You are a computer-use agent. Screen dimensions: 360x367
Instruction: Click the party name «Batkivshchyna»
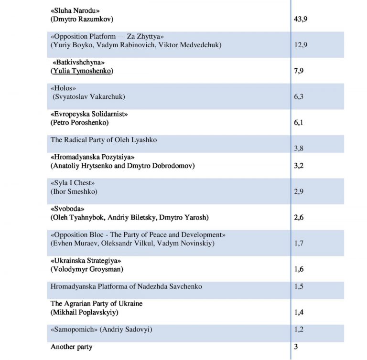pyautogui.click(x=78, y=63)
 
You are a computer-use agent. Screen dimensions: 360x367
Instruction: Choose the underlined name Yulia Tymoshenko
pyautogui.click(x=84, y=71)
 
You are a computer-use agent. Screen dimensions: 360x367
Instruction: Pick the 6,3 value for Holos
pyautogui.click(x=299, y=97)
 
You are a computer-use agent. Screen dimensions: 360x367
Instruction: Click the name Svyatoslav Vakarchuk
pyautogui.click(x=90, y=97)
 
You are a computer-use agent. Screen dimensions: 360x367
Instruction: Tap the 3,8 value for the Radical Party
pyautogui.click(x=299, y=148)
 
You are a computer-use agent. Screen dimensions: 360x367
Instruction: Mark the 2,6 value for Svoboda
pyautogui.click(x=299, y=217)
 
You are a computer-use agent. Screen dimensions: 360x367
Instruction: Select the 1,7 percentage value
pyautogui.click(x=299, y=243)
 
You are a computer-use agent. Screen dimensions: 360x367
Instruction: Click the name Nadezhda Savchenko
pyautogui.click(x=169, y=286)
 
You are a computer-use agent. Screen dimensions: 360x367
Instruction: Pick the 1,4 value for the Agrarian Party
pyautogui.click(x=299, y=312)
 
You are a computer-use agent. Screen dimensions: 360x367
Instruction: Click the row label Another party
pyautogui.click(x=72, y=347)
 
